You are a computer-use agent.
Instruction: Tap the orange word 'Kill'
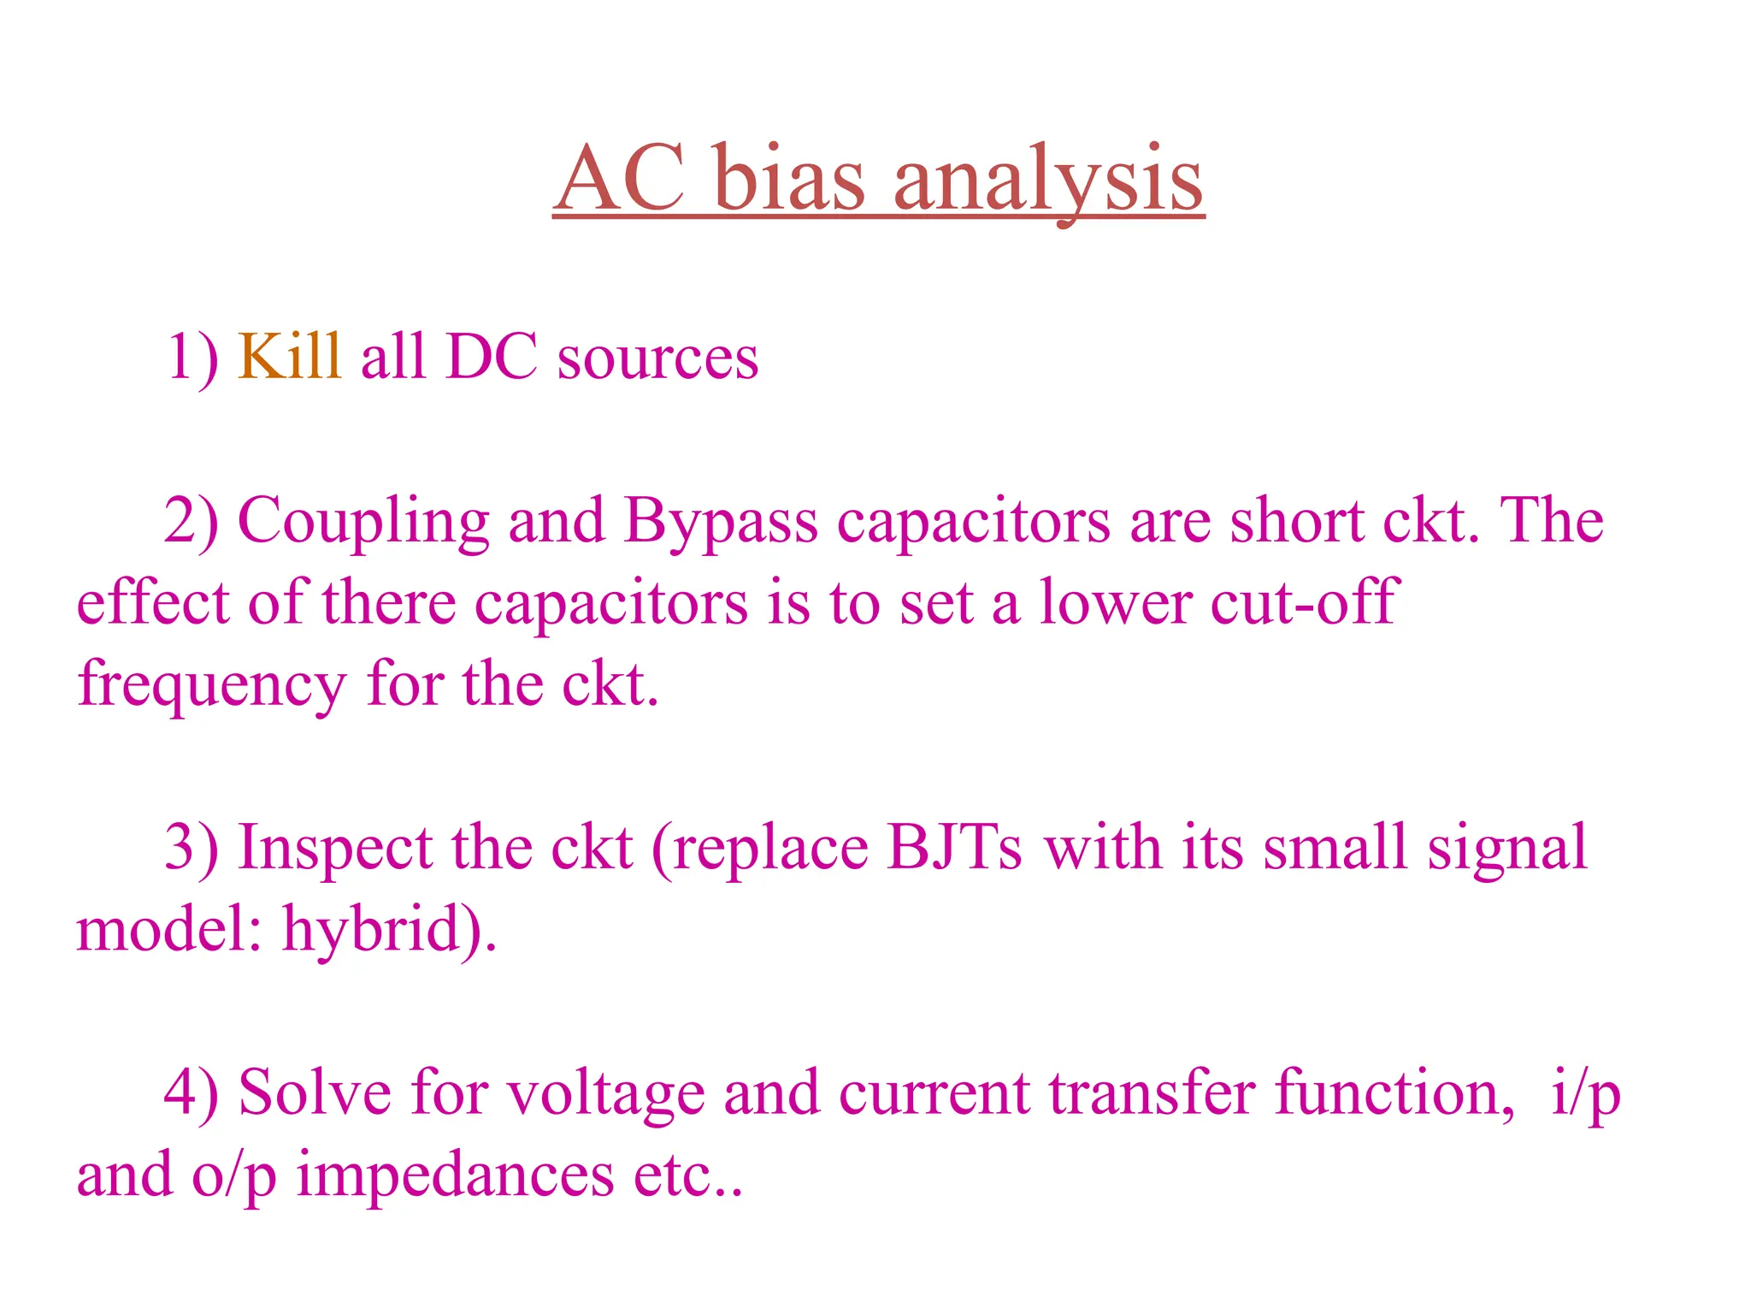(290, 356)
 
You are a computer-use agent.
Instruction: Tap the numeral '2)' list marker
(191, 521)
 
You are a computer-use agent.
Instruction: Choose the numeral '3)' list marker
(191, 848)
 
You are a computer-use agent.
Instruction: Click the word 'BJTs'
(953, 848)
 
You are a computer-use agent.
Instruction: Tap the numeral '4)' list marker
(191, 1092)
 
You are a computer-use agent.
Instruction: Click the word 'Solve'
(314, 1092)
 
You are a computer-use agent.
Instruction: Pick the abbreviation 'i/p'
(1585, 1094)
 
